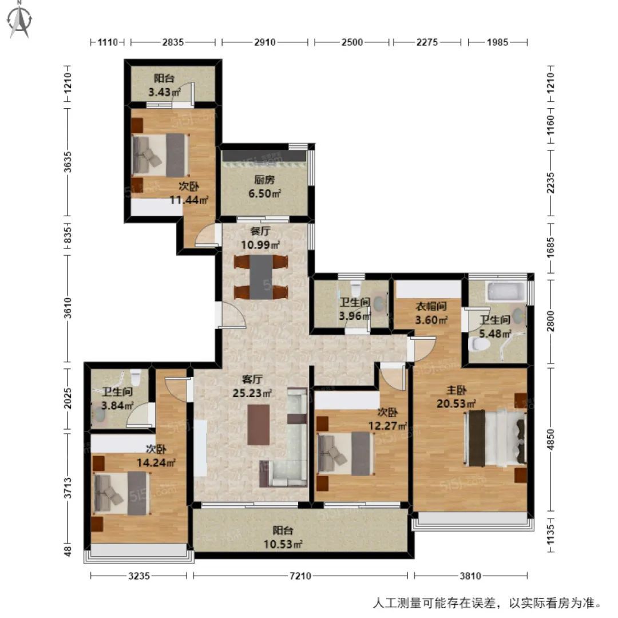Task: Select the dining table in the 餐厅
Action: pyautogui.click(x=260, y=276)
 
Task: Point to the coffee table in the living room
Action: pyautogui.click(x=260, y=425)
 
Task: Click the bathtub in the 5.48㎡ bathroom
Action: pyautogui.click(x=505, y=291)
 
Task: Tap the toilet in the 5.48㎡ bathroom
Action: pyautogui.click(x=479, y=344)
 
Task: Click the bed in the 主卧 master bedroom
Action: pyautogui.click(x=496, y=438)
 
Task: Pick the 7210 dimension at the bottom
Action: pyautogui.click(x=300, y=576)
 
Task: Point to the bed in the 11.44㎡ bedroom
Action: pyautogui.click(x=160, y=154)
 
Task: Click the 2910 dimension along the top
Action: pyautogui.click(x=265, y=42)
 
